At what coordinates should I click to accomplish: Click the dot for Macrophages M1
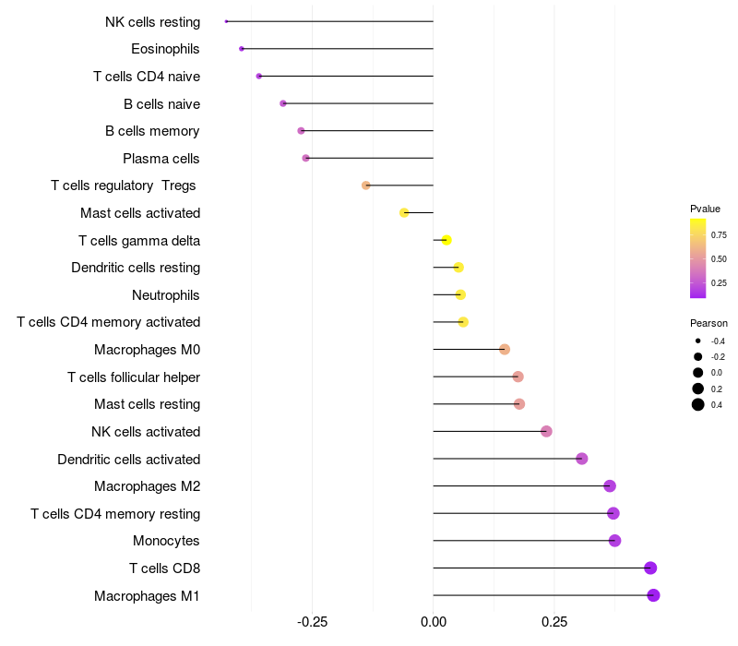pyautogui.click(x=653, y=595)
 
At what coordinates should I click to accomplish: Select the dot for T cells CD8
pyautogui.click(x=650, y=568)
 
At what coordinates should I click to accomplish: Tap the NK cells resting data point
pyautogui.click(x=226, y=21)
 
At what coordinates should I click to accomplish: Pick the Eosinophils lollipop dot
pyautogui.click(x=242, y=49)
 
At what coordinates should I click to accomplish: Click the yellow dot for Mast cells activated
pyautogui.click(x=404, y=213)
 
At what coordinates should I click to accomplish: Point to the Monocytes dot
pyautogui.click(x=615, y=541)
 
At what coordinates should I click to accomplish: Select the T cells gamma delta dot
pyautogui.click(x=446, y=240)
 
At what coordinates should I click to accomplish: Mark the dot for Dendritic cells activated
pyautogui.click(x=581, y=459)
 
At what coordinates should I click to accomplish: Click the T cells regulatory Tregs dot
pyautogui.click(x=366, y=185)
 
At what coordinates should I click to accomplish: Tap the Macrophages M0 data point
pyautogui.click(x=505, y=349)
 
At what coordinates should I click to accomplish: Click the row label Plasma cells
pyautogui.click(x=161, y=159)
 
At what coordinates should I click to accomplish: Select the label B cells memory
pyautogui.click(x=152, y=131)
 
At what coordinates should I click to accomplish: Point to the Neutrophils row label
pyautogui.click(x=166, y=295)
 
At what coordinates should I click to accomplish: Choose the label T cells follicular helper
pyautogui.click(x=134, y=377)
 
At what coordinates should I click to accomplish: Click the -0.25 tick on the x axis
pyautogui.click(x=312, y=622)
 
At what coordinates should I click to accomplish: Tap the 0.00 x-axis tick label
pyautogui.click(x=433, y=622)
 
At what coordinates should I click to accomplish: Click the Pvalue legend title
pyautogui.click(x=705, y=209)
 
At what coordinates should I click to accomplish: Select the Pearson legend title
pyautogui.click(x=708, y=323)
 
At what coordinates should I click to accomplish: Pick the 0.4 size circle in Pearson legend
pyautogui.click(x=698, y=404)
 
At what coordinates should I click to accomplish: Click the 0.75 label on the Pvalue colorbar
pyautogui.click(x=719, y=234)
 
